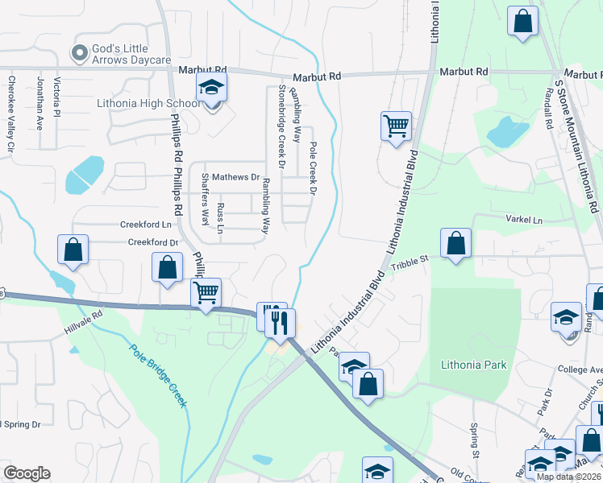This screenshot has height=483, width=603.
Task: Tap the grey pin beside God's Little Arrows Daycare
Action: (x=79, y=53)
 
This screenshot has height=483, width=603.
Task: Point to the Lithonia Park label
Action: (x=474, y=365)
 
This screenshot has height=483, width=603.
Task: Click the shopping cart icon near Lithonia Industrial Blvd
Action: (x=396, y=126)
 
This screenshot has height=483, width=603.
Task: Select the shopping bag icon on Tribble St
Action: (x=456, y=242)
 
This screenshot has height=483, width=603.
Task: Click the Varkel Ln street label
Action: (x=524, y=220)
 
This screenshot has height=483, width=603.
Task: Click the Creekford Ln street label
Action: (x=147, y=225)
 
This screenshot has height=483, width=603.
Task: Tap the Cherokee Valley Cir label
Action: (x=11, y=114)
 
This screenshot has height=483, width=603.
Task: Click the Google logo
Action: (x=27, y=473)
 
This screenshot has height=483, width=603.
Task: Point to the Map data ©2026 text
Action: (x=569, y=477)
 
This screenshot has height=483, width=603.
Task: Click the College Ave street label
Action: (x=580, y=369)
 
